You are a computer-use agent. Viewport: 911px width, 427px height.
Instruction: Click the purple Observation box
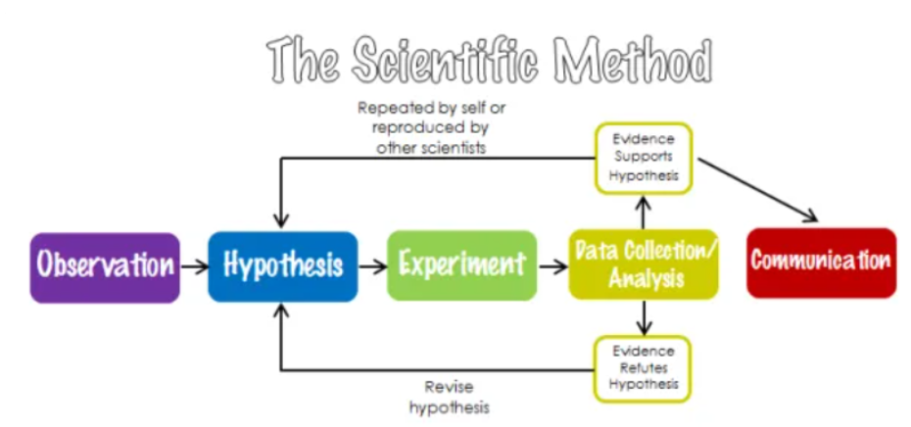click(x=105, y=265)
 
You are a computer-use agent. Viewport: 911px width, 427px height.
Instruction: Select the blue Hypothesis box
click(x=283, y=265)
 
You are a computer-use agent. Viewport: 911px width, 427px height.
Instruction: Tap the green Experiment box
click(x=461, y=264)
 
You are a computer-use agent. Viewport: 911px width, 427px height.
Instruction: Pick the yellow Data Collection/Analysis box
click(x=644, y=264)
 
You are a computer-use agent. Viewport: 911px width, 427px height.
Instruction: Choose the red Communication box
click(x=821, y=262)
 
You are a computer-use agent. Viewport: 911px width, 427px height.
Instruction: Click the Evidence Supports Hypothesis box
click(x=643, y=158)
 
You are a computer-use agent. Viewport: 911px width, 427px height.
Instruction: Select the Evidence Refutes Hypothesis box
click(x=643, y=368)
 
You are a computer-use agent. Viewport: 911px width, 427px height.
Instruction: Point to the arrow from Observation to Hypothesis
click(x=193, y=265)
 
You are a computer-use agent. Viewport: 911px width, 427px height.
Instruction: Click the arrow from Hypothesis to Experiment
click(x=372, y=265)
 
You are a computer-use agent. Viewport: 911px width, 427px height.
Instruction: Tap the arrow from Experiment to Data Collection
click(x=552, y=265)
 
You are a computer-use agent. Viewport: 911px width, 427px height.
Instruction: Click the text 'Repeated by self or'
click(x=432, y=108)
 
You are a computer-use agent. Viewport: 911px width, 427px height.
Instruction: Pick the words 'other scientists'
click(x=432, y=148)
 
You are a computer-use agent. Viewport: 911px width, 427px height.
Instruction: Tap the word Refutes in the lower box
click(x=643, y=368)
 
